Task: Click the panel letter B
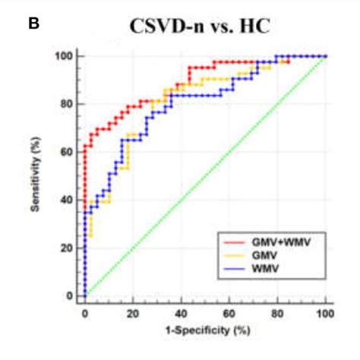coord(33,23)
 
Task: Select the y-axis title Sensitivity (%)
coord(36,174)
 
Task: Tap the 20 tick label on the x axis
coord(133,312)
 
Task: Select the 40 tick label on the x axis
coord(182,312)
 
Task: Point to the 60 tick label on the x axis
coord(229,312)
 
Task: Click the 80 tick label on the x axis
coord(278,312)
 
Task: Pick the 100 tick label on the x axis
coord(325,312)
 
